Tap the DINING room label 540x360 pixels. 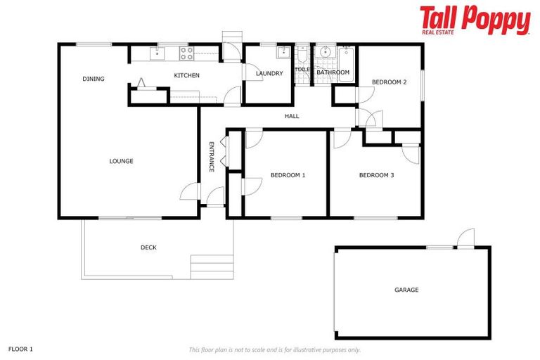click(93, 79)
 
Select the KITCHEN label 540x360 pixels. click(186, 75)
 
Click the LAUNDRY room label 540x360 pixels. click(269, 73)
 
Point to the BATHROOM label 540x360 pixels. click(333, 72)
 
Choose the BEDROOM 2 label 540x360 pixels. click(390, 82)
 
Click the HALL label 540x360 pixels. click(292, 116)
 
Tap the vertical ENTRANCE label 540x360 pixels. click(211, 157)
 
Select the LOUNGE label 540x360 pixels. click(121, 161)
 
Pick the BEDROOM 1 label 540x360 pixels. click(288, 175)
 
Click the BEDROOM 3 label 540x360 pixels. click(376, 175)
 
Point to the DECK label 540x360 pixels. click(148, 247)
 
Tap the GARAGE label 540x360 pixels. click(406, 290)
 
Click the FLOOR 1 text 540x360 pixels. click(21, 349)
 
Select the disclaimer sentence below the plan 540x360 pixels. click(275, 349)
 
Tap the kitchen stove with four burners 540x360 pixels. click(186, 53)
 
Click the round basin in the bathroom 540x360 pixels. click(326, 53)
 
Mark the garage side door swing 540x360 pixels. click(465, 239)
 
